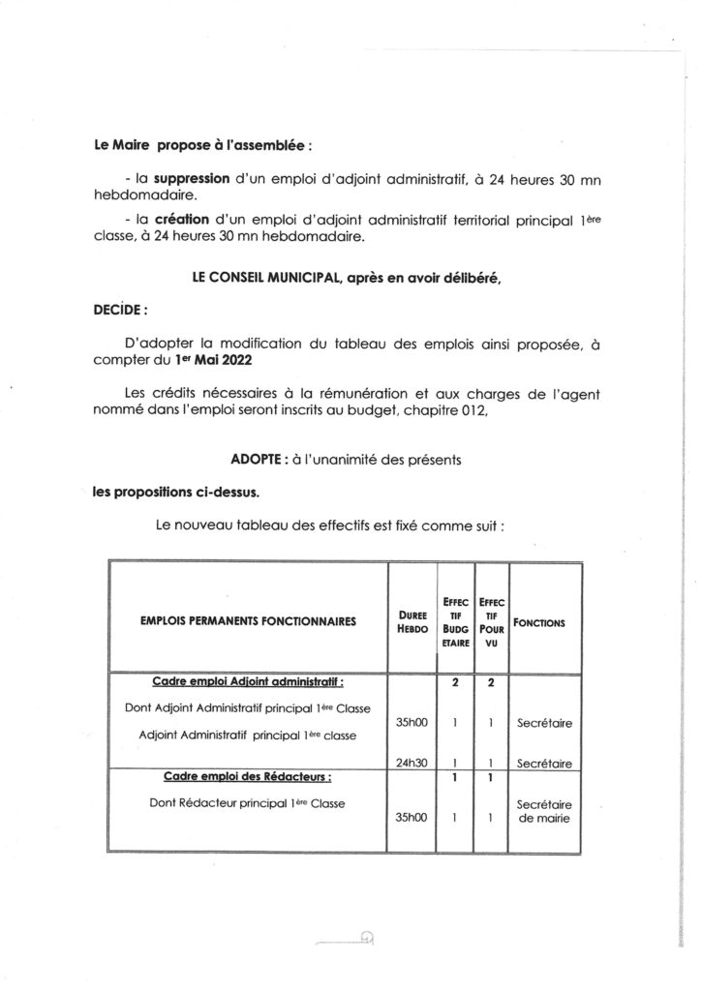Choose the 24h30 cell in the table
[413, 763]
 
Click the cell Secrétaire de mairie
[540, 811]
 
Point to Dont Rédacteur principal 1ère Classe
[249, 801]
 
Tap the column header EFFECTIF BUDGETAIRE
[453, 620]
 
